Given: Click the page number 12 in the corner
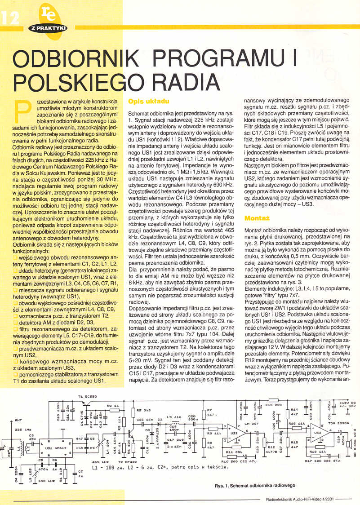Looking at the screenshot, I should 10,18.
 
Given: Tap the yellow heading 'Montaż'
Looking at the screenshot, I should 256,218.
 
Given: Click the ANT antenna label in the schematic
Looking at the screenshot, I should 18,420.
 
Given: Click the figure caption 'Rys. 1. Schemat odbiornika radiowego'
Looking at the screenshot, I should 254,486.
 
